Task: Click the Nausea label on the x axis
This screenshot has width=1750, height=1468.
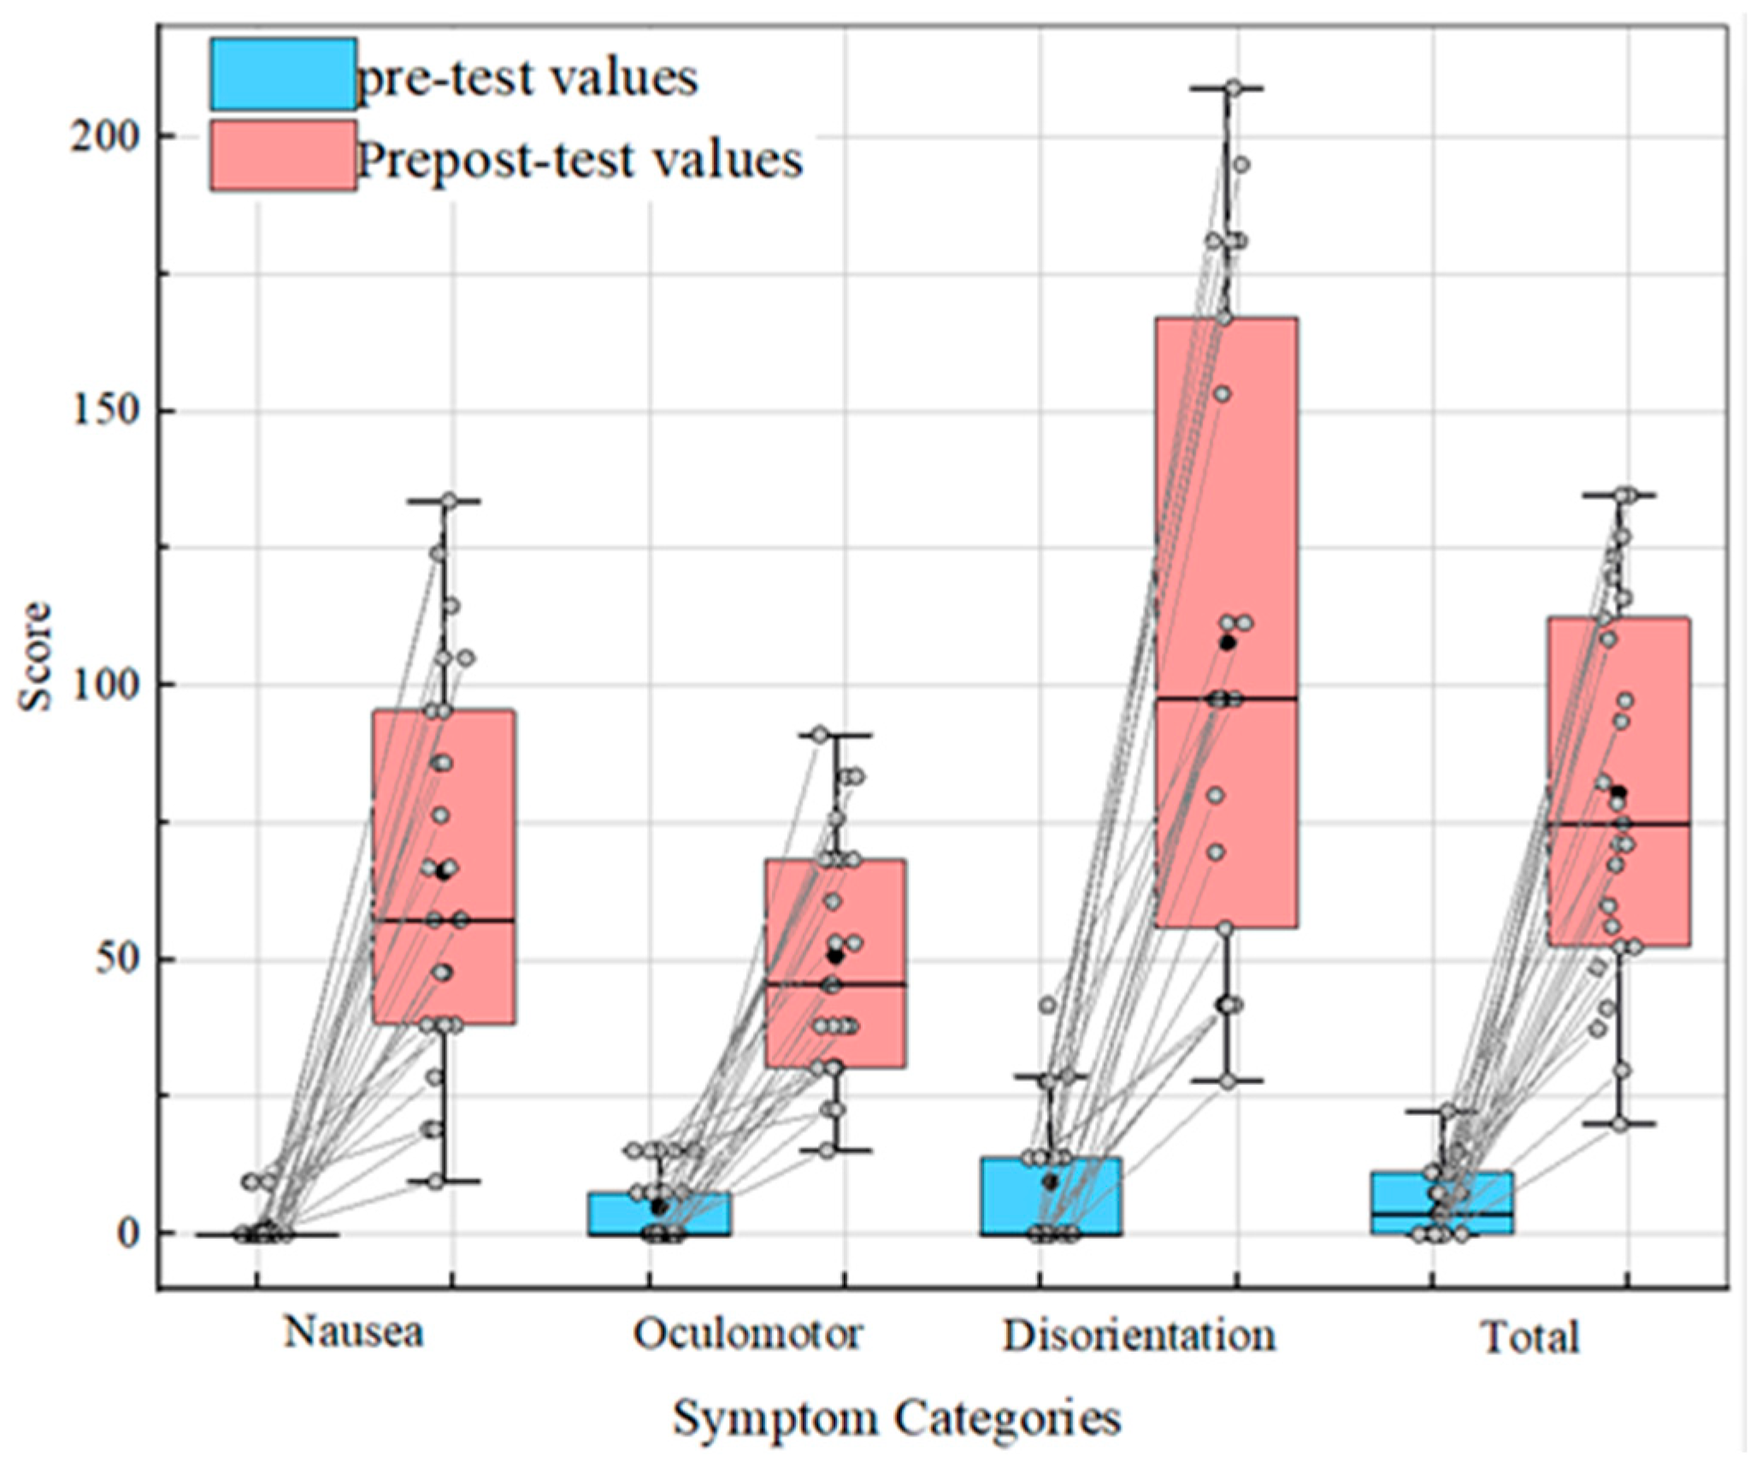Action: pos(353,1331)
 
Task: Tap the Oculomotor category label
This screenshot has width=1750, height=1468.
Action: pos(747,1333)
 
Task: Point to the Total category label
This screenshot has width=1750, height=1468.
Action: pos(1529,1336)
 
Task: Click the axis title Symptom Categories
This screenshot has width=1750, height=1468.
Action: pos(896,1419)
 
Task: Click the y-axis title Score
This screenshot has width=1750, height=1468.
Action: pos(37,657)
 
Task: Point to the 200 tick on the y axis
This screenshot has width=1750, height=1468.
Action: pos(104,136)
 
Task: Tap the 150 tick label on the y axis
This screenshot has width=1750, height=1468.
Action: pos(104,410)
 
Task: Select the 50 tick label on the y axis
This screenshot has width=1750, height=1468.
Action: pos(116,959)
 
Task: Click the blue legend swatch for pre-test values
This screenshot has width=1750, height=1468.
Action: pos(283,74)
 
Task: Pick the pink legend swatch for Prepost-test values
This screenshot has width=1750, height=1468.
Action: pos(283,155)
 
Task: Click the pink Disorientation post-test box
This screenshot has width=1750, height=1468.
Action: pos(1226,513)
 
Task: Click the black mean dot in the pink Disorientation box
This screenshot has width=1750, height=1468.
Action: pos(1228,643)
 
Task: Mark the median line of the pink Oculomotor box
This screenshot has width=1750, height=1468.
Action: pos(835,984)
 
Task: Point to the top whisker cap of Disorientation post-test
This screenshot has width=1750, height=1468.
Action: pos(1228,88)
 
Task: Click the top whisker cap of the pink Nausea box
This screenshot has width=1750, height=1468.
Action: pos(443,501)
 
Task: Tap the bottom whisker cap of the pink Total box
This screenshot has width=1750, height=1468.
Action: pos(1618,1123)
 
